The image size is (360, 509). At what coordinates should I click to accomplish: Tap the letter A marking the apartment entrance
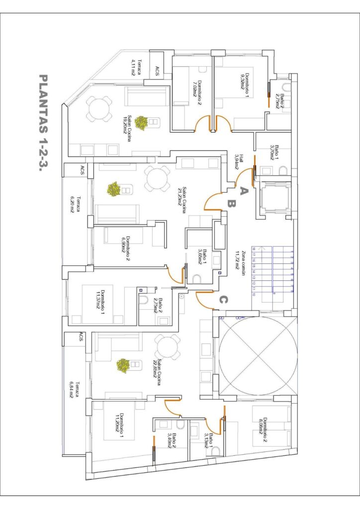(x=243, y=190)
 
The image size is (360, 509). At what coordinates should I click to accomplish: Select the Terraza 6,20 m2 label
(x=75, y=204)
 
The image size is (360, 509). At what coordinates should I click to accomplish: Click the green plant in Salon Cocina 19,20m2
(x=142, y=123)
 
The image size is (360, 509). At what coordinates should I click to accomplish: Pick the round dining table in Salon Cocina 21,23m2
(x=158, y=179)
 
